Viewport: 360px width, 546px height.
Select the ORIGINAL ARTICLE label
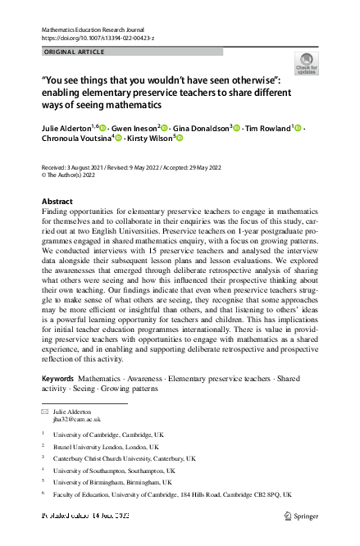pos(73,52)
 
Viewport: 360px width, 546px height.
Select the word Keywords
pos(58,378)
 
